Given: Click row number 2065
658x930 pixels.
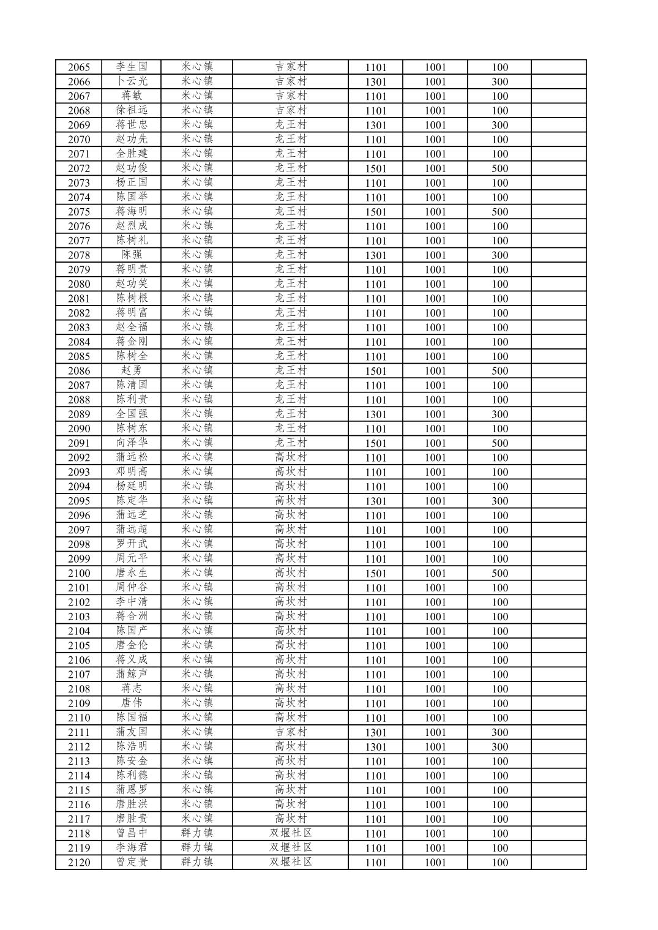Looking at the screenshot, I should (x=78, y=67).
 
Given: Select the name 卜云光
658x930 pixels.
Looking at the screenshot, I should (x=132, y=81).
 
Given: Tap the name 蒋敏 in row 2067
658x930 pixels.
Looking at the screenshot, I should (x=132, y=96).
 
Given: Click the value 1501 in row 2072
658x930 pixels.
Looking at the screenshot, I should (x=376, y=168).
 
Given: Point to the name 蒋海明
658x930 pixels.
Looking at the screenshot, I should (x=132, y=212).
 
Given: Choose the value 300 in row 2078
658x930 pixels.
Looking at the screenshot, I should (x=499, y=255).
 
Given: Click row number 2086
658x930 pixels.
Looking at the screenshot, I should (x=78, y=371).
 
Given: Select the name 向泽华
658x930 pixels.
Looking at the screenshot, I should (x=132, y=443).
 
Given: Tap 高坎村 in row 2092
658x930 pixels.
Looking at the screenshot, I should (x=290, y=457).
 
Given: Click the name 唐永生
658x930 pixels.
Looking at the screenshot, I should (x=132, y=573).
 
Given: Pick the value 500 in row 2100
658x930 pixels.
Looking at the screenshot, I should (x=499, y=574).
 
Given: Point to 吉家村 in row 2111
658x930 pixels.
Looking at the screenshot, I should (x=290, y=732).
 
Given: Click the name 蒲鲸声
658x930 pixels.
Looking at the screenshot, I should (x=132, y=675).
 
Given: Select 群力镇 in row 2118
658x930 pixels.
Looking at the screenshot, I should (x=196, y=833).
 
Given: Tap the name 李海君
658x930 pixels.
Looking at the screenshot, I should (x=132, y=848).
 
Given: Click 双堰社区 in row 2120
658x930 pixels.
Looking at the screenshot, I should (x=290, y=862).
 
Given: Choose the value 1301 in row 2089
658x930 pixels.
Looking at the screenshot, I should (x=376, y=414).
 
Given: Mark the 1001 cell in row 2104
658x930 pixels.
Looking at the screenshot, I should (x=435, y=631).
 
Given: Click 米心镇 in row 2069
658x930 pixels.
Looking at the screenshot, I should (x=196, y=125).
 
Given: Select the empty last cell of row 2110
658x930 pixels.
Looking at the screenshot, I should (x=558, y=718).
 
